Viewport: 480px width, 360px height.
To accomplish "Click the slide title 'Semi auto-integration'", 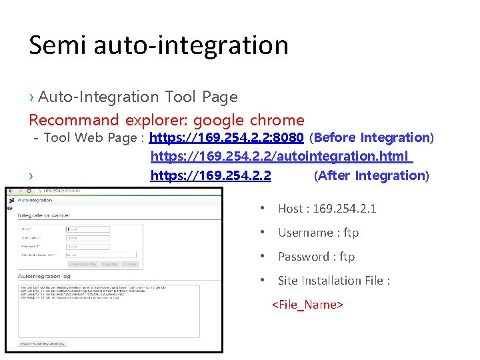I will [x=159, y=45].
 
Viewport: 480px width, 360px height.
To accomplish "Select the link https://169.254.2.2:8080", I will [x=227, y=138].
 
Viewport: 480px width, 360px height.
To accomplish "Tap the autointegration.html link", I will [x=281, y=157].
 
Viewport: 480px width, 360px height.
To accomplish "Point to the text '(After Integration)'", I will [x=371, y=176].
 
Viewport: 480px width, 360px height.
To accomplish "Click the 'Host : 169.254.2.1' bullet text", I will [x=327, y=209].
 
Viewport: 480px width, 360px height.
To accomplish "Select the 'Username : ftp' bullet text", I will [x=318, y=233].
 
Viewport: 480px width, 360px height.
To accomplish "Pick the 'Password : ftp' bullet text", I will [x=316, y=257].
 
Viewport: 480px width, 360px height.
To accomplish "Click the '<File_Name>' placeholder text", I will [x=307, y=305].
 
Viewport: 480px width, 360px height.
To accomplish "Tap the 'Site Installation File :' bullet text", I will [x=333, y=281].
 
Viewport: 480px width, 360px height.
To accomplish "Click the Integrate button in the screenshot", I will [x=109, y=265].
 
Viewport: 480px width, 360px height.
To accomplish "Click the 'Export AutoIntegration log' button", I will [x=43, y=343].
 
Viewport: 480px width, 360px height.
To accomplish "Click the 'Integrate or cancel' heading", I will [x=44, y=216].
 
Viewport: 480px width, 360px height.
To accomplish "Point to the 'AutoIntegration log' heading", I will [x=44, y=275].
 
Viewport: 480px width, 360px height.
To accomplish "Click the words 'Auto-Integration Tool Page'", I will [x=137, y=97].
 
